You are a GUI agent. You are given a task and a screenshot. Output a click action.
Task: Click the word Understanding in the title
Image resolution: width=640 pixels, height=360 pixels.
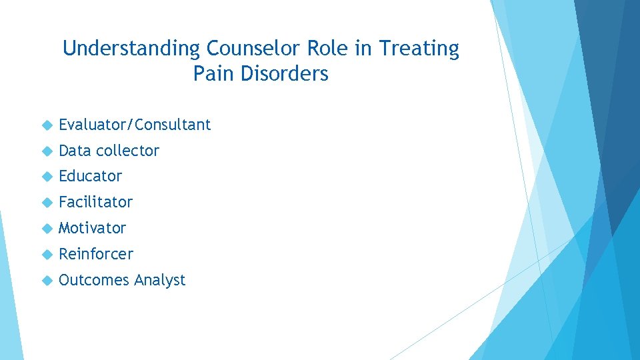131,49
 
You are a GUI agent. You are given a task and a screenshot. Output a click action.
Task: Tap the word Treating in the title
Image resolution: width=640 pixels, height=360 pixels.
419,49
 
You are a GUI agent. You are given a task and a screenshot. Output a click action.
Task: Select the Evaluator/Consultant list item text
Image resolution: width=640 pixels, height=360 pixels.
135,125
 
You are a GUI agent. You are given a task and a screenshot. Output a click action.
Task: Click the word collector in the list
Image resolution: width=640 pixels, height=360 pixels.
127,151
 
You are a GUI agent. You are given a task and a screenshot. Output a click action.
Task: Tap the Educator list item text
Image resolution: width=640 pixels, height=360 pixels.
90,177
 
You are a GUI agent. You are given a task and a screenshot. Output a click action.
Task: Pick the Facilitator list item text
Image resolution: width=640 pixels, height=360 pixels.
95,202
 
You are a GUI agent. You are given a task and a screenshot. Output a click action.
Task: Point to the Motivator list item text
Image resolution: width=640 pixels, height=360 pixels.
92,228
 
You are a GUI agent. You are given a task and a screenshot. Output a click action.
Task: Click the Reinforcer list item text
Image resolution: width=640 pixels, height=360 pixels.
95,254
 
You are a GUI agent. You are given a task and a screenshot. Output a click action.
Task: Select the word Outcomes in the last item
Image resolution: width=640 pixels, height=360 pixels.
93,280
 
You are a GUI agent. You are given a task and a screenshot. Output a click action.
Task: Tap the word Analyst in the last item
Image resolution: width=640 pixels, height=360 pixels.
159,281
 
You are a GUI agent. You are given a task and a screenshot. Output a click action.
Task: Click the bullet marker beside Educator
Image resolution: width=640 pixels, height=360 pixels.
47,177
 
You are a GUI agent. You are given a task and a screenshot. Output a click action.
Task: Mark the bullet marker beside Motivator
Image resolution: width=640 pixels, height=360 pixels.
47,229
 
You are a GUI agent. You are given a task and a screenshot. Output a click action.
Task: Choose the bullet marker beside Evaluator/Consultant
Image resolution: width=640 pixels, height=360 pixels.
47,125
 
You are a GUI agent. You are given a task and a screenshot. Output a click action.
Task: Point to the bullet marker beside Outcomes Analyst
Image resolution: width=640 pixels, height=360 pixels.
47,281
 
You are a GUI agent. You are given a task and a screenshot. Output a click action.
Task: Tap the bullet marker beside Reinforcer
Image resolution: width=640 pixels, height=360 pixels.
47,255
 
